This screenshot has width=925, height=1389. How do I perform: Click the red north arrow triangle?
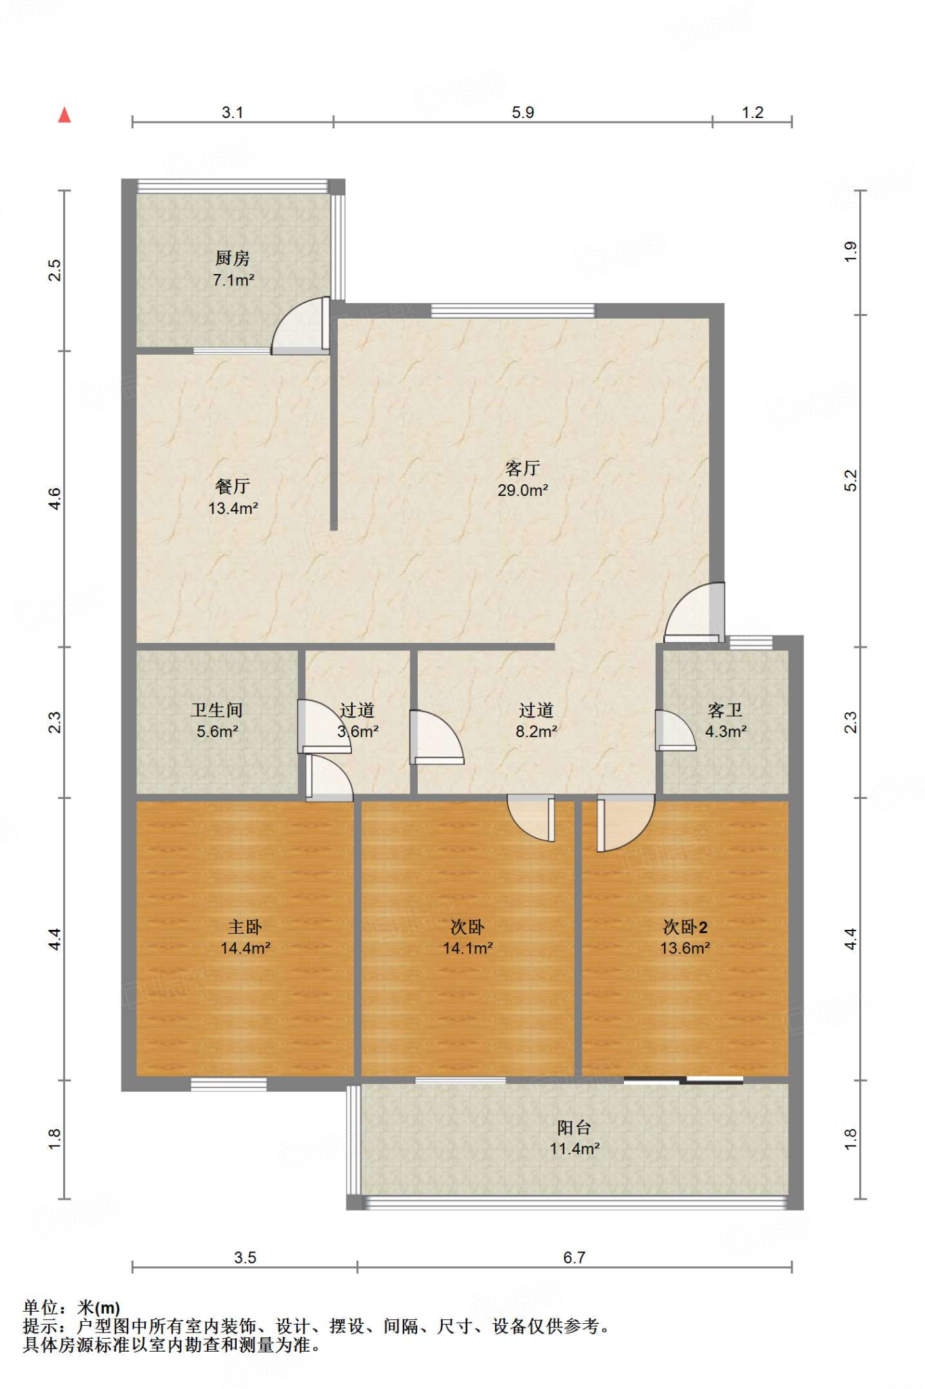pos(64,115)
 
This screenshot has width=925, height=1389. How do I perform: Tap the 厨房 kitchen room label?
pos(233,258)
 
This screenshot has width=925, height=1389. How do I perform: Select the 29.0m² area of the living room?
pos(523,490)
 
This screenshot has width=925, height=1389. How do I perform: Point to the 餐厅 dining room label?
pos(233,486)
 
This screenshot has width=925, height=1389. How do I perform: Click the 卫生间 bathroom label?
pos(217,710)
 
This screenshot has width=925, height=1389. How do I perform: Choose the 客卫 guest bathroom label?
pos(725,710)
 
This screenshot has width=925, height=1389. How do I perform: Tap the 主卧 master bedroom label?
pos(245,927)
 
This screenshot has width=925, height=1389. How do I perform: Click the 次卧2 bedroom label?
pos(685,927)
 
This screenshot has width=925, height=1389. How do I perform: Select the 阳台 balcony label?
pos(574,1127)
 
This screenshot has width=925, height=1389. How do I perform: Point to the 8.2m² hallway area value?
pos(536,732)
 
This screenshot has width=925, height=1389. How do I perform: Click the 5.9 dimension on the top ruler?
pos(523,113)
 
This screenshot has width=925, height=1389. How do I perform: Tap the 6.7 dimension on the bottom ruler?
pos(574,1257)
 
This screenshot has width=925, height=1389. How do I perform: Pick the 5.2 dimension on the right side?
pos(851,481)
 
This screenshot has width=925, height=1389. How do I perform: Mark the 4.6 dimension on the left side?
pos(55,499)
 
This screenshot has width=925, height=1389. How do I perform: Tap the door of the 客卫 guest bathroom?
pos(675,730)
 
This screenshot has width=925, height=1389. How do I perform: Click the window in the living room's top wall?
pos(513,311)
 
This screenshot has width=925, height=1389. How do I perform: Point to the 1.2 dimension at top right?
pos(753,113)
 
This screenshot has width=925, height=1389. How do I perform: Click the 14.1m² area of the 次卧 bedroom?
pos(468,948)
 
